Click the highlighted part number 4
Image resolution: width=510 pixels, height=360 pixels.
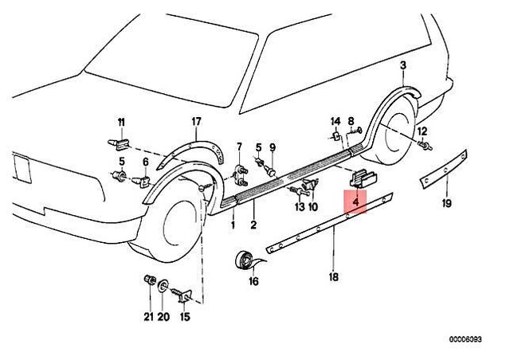click(355, 203)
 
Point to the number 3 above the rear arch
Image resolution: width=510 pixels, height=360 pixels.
click(403, 65)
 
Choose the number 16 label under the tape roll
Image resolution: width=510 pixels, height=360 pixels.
click(253, 281)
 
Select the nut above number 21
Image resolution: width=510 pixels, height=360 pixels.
click(147, 280)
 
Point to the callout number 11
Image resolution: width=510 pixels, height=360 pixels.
click(122, 121)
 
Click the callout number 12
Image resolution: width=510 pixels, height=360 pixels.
click(422, 131)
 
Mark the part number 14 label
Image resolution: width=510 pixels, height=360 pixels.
click(335, 121)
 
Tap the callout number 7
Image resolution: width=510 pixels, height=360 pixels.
click(239, 147)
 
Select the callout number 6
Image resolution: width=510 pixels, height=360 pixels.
click(145, 162)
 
